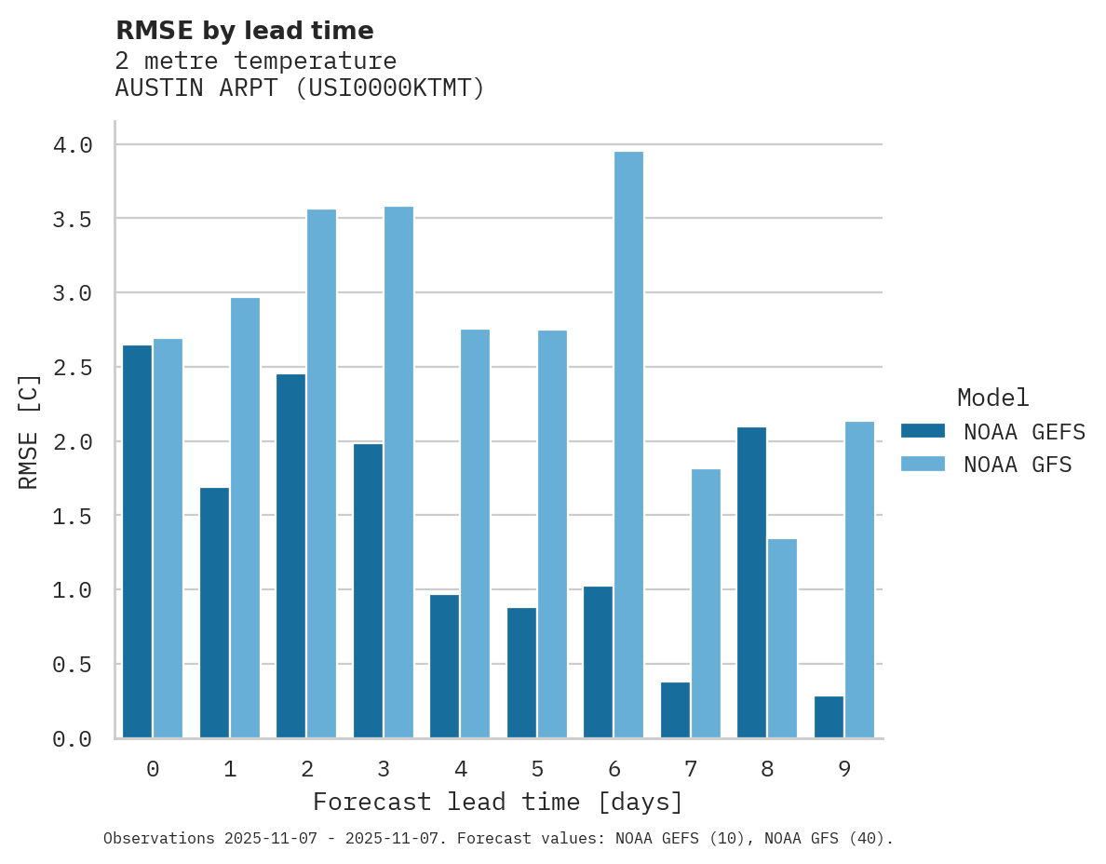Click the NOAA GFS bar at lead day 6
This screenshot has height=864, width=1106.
tap(628, 445)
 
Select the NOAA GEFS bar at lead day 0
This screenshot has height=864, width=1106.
tap(137, 542)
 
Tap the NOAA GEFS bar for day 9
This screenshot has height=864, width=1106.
tap(829, 717)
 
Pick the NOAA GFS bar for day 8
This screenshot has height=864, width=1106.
tap(782, 639)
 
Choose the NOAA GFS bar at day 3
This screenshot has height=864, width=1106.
tap(398, 472)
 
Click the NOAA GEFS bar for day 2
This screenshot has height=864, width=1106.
tap(290, 556)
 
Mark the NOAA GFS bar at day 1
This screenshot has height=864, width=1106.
tap(245, 518)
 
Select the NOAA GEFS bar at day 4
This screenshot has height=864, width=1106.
tap(444, 667)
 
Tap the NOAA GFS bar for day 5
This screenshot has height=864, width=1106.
tap(552, 534)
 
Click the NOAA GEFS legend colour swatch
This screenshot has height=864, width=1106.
tap(923, 431)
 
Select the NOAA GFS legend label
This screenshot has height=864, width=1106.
tap(1018, 465)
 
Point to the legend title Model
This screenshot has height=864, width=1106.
tap(992, 398)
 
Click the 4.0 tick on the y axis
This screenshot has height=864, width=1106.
tap(73, 145)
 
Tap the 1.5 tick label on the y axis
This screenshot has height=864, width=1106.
tap(73, 516)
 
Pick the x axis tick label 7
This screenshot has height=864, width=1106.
tap(690, 769)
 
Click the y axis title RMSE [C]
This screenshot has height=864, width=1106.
tap(30, 431)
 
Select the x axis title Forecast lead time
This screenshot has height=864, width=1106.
tap(498, 803)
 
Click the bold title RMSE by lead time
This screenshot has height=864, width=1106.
tap(244, 31)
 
